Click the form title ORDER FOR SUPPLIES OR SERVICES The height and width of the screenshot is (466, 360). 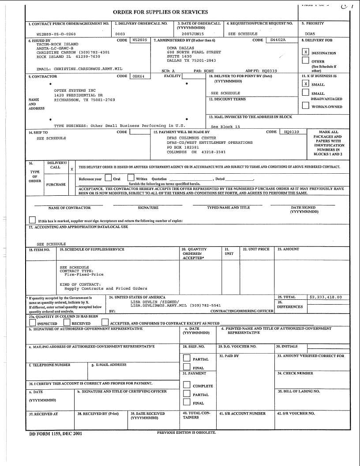[161, 12]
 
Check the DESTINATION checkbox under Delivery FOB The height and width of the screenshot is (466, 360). [305, 52]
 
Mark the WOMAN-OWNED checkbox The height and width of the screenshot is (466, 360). [305, 106]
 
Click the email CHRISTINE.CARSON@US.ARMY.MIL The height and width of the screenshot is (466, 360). [80, 69]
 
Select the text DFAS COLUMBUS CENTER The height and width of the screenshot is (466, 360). [191, 138]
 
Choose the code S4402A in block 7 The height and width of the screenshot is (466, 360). [278, 40]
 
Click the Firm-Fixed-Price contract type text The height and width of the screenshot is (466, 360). [84, 274]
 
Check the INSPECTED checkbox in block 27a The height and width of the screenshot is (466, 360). [32, 323]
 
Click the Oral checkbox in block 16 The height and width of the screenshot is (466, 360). [108, 179]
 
